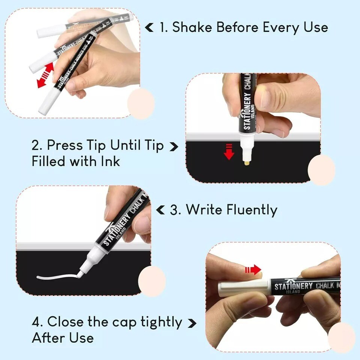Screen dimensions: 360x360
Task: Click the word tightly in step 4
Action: [161, 322]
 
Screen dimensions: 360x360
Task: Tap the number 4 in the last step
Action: [36, 322]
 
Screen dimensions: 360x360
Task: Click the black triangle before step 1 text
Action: [149, 27]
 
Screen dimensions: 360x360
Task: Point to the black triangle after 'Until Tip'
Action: [174, 146]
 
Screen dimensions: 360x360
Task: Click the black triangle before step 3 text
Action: [160, 210]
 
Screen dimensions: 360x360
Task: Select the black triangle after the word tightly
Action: [192, 323]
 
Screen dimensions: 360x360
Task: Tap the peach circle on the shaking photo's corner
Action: [141, 103]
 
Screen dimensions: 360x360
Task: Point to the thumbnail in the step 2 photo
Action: [265, 99]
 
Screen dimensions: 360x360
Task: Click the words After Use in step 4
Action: [63, 338]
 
